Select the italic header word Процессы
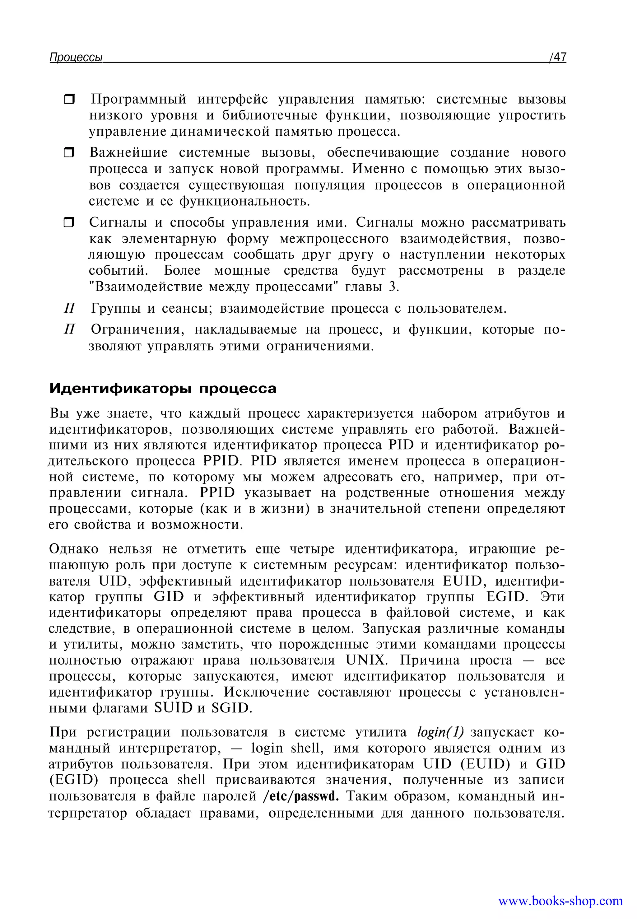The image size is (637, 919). [x=76, y=58]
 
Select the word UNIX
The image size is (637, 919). [x=366, y=660]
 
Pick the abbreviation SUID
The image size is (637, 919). [x=173, y=708]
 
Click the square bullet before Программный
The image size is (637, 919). [x=69, y=99]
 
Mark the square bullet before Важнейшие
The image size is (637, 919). [x=69, y=152]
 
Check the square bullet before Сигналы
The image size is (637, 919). [x=69, y=222]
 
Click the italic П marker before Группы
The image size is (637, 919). [x=69, y=308]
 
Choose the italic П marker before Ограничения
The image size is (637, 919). [x=69, y=329]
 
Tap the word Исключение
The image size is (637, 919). [x=266, y=692]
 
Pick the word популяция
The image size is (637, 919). [x=329, y=185]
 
